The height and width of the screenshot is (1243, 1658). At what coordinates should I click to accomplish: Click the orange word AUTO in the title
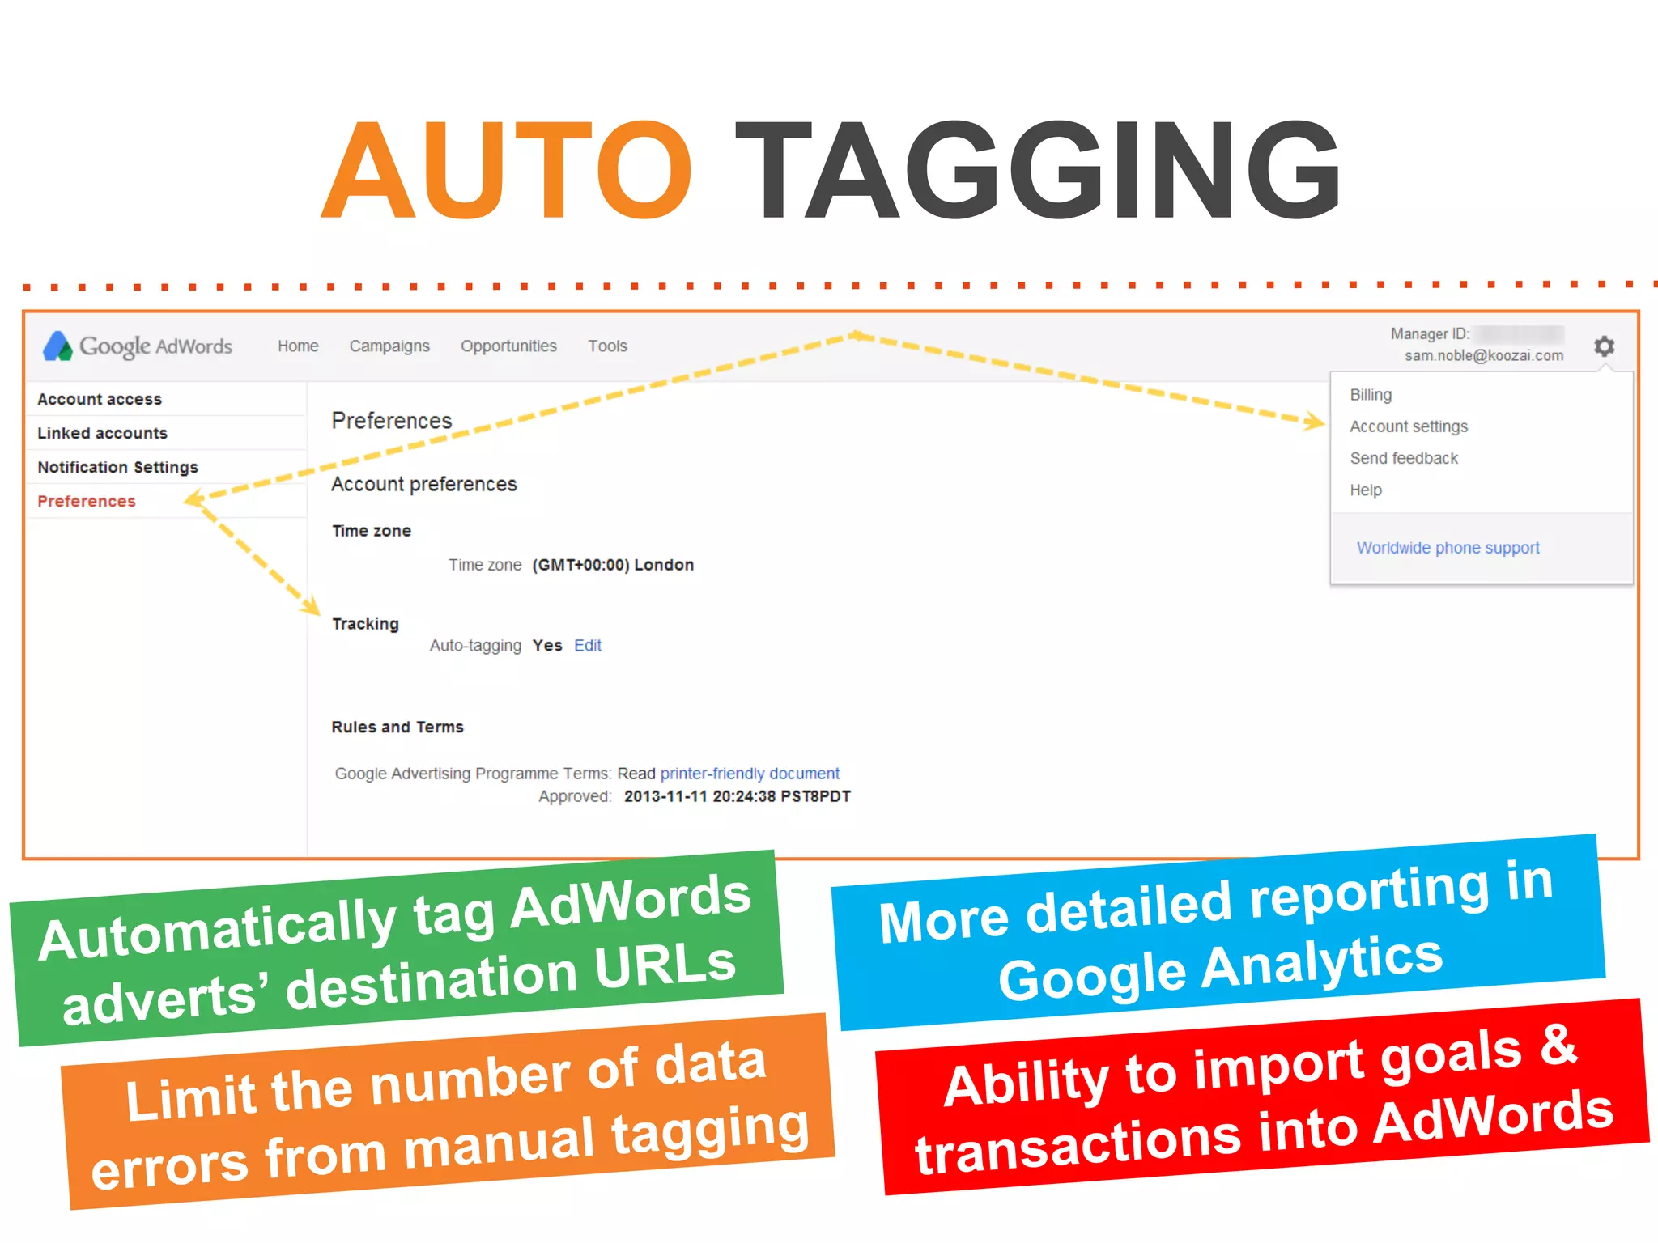[x=507, y=171]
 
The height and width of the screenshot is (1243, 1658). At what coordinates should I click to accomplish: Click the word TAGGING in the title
[x=1036, y=171]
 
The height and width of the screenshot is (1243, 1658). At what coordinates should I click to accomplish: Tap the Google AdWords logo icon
[x=57, y=346]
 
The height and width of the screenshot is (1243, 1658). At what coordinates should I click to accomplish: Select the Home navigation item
[x=298, y=346]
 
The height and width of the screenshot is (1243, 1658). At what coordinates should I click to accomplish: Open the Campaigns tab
[x=389, y=346]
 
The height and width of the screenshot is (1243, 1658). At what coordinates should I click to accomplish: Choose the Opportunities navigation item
[x=508, y=346]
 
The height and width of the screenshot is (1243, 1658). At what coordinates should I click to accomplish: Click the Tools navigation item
[x=607, y=346]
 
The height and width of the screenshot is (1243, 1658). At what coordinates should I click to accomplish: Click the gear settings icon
[x=1604, y=346]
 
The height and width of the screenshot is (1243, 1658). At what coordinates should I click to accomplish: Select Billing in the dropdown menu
[x=1371, y=395]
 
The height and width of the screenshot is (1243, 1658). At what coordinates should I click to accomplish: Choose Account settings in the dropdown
[x=1408, y=426]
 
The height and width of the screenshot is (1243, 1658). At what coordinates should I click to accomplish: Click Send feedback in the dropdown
[x=1404, y=458]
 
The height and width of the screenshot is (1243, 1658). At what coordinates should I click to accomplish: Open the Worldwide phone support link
[x=1448, y=548]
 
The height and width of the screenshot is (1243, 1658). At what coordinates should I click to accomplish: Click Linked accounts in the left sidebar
[x=102, y=433]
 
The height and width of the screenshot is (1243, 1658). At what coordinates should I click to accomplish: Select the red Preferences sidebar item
[x=87, y=501]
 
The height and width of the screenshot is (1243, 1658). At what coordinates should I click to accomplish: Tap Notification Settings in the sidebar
[x=117, y=467]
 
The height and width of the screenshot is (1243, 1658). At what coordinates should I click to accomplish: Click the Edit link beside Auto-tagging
[x=588, y=646]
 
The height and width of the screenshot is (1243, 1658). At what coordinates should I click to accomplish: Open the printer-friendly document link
[x=750, y=774]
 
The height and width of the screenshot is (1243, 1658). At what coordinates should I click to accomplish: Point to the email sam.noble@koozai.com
[x=1483, y=356]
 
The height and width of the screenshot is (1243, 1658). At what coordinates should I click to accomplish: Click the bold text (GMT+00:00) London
[x=613, y=565]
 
